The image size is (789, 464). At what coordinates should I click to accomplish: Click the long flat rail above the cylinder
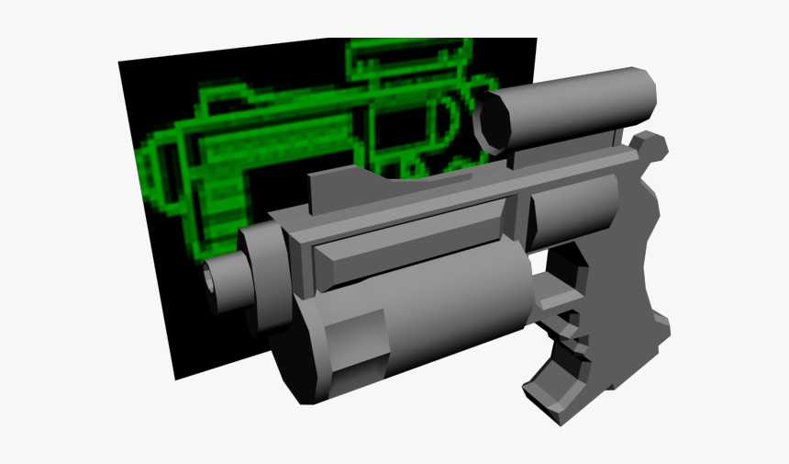413,243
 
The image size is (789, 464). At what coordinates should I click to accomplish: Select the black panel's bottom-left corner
176,378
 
